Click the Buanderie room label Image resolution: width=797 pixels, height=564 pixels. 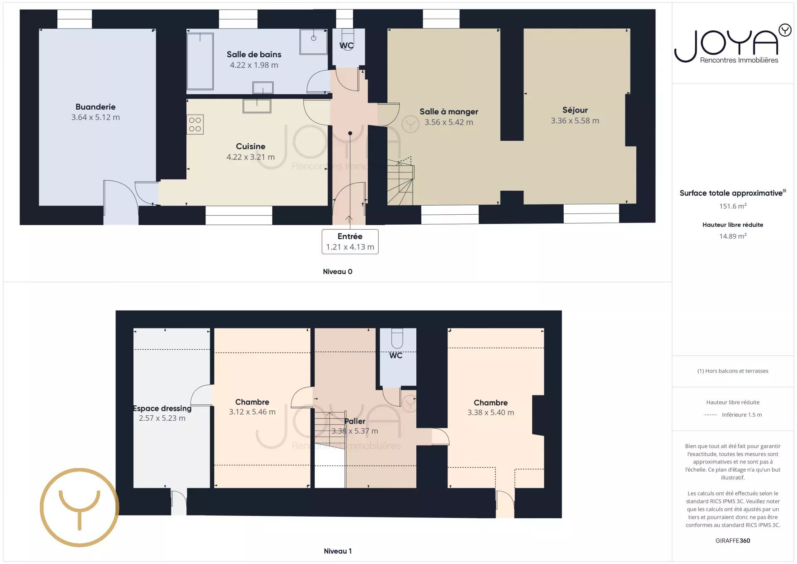95,107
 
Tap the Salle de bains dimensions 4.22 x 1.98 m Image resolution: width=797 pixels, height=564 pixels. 254,65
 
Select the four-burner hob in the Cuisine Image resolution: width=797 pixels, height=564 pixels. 195,124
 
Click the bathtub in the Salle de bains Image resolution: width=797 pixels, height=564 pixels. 200,61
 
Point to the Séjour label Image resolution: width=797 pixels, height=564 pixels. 575,110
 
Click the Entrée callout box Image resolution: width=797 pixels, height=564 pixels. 350,241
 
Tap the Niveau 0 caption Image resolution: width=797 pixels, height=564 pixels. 337,272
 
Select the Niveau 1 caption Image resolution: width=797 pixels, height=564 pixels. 337,551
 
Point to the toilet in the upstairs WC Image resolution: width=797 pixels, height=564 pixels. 397,338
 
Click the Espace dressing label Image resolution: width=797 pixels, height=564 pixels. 162,408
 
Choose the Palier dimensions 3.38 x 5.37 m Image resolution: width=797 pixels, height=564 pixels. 354,431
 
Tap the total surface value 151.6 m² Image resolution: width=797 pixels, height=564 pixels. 733,206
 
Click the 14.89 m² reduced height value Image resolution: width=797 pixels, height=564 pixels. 733,236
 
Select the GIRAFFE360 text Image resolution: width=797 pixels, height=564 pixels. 733,540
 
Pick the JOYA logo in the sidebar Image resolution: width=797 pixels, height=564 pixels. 733,44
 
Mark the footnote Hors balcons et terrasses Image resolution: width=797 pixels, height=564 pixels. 733,371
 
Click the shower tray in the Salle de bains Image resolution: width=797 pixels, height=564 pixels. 313,42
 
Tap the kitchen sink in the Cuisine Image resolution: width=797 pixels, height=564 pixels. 257,106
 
